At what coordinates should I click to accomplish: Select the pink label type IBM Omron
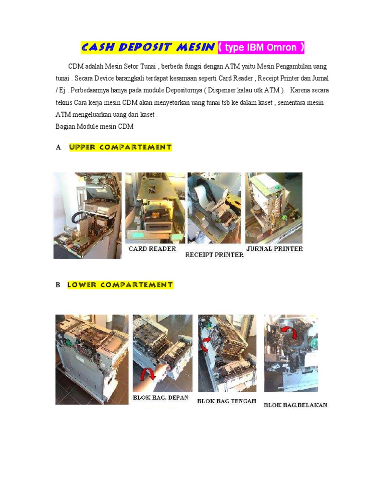coord(261,48)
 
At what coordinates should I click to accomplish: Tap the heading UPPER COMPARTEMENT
coord(121,148)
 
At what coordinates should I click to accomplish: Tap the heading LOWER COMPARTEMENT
coord(120,285)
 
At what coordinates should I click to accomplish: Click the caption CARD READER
coord(152,249)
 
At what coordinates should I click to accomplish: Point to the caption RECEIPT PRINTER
coord(214,255)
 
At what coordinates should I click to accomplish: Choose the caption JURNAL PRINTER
coord(274,249)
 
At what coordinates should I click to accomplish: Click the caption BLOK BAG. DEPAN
coord(160,398)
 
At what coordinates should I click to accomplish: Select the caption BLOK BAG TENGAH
coord(226,401)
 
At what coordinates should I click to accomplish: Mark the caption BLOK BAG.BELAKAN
coord(295,405)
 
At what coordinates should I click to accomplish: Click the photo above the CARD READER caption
coord(155,208)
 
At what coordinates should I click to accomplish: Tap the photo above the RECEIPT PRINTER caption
coord(214,208)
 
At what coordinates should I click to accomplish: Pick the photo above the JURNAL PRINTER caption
coord(274,208)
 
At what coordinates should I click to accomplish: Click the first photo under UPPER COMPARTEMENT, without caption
coord(87,215)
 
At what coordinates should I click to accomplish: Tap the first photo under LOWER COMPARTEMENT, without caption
coord(92,359)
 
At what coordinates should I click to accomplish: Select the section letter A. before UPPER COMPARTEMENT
coord(59,148)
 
